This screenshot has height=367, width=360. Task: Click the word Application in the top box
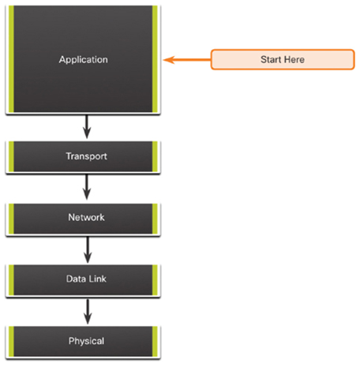click(x=84, y=60)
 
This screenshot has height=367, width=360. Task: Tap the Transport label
click(x=86, y=156)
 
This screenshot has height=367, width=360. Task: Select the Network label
click(x=86, y=217)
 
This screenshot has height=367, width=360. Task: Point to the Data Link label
click(x=86, y=279)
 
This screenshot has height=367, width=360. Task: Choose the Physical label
click(x=86, y=341)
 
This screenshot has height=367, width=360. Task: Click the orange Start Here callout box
click(x=283, y=59)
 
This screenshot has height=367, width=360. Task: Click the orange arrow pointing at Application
click(x=187, y=60)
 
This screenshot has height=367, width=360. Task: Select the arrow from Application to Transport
click(x=87, y=127)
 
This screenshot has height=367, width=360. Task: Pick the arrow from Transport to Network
click(x=87, y=187)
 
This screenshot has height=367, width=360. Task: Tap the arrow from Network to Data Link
click(x=88, y=250)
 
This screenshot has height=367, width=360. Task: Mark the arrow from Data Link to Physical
click(x=88, y=312)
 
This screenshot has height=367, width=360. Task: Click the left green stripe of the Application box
click(x=11, y=59)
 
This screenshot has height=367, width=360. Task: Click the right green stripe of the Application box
click(x=155, y=59)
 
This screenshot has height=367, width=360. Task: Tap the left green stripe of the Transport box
click(x=11, y=156)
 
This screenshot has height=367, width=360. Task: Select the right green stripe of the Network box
click(x=155, y=219)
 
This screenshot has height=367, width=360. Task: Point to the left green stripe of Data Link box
click(x=11, y=280)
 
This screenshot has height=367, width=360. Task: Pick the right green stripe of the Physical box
click(x=155, y=342)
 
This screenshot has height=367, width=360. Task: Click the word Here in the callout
click(x=294, y=60)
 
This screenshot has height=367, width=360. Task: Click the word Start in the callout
click(x=271, y=60)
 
